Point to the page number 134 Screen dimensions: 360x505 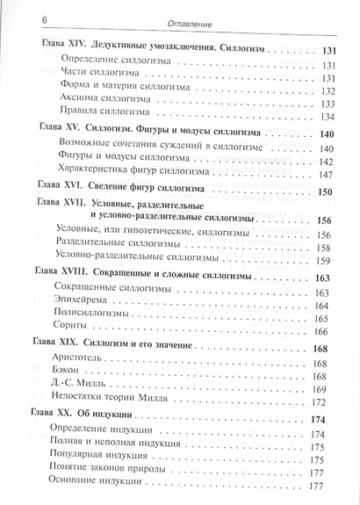click(332, 117)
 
